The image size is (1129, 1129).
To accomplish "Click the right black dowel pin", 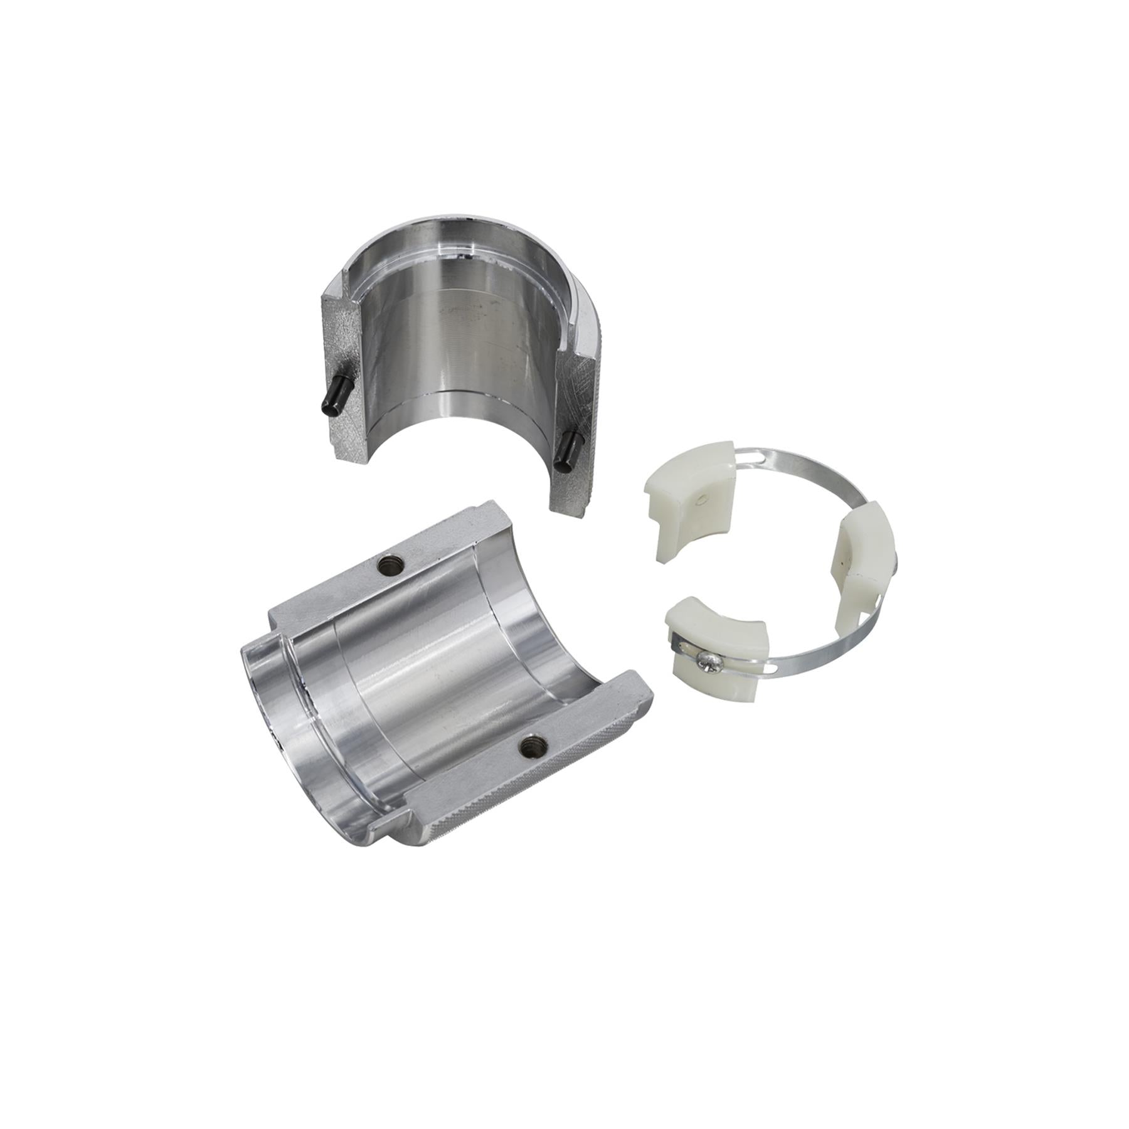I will (x=568, y=450).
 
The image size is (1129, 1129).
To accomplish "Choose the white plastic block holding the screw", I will (x=715, y=646).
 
